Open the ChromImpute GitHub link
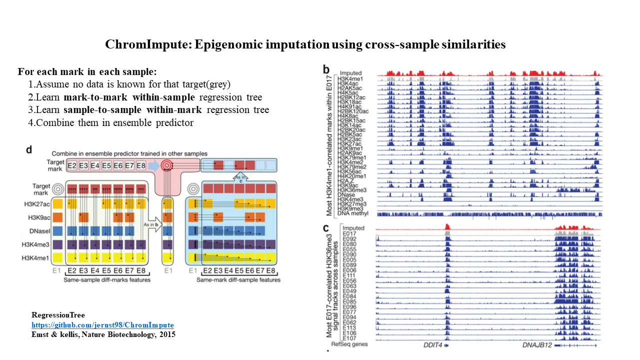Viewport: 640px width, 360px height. pyautogui.click(x=102, y=324)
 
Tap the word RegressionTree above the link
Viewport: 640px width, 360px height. pyautogui.click(x=58, y=315)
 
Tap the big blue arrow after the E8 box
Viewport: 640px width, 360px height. pyautogui.click(x=153, y=165)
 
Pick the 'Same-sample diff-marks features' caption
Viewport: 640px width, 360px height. pyautogui.click(x=107, y=279)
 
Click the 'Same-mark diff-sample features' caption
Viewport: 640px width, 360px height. pyautogui.click(x=238, y=279)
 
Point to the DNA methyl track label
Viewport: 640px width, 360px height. pyautogui.click(x=353, y=213)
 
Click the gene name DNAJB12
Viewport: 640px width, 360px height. pyautogui.click(x=537, y=344)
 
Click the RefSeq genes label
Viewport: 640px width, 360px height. pyautogui.click(x=349, y=344)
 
